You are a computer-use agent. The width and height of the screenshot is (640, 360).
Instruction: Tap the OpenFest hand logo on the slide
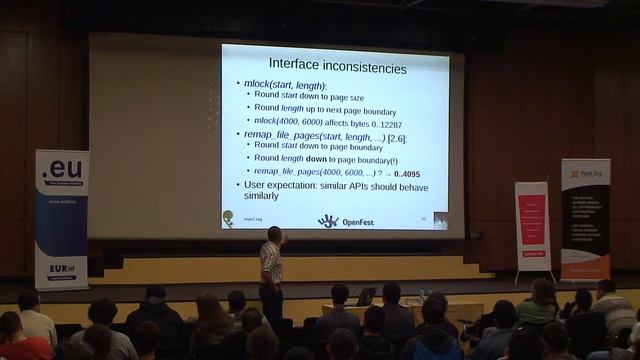(328, 220)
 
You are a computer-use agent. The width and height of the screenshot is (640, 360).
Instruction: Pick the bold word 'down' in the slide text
(316, 158)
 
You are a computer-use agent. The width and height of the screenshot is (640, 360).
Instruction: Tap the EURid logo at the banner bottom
(59, 272)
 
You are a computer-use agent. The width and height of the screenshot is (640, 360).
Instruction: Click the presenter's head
(273, 234)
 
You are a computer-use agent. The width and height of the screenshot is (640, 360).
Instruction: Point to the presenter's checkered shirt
(270, 262)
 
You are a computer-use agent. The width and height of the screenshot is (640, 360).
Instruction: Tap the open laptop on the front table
(366, 297)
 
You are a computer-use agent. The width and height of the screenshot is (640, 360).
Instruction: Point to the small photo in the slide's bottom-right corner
(440, 220)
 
